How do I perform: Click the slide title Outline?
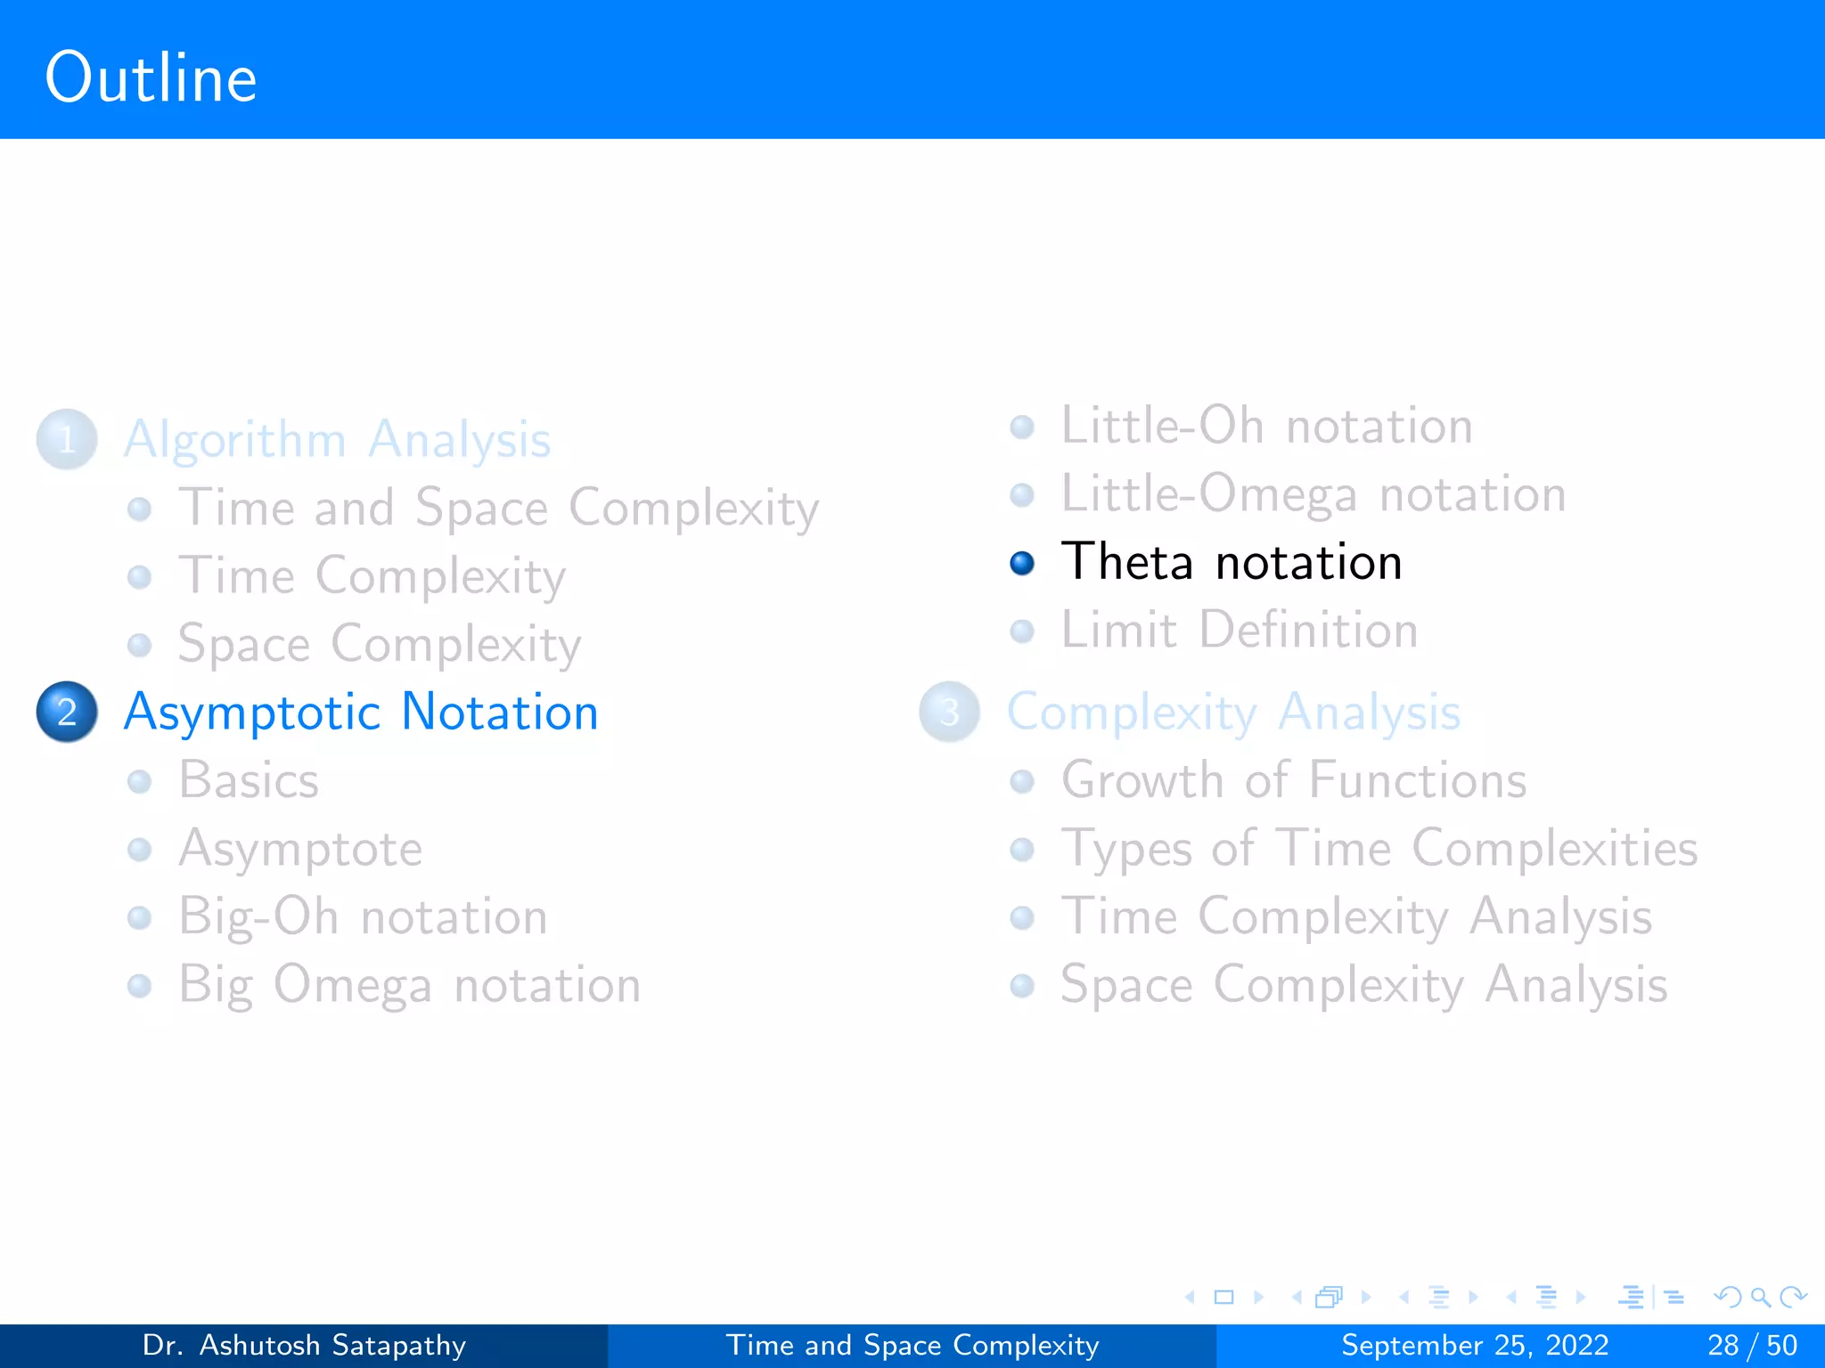(x=151, y=78)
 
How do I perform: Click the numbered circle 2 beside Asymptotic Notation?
(x=67, y=712)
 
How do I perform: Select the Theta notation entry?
(x=1231, y=562)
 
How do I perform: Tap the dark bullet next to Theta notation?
(x=1022, y=563)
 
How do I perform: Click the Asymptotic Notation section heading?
(x=361, y=712)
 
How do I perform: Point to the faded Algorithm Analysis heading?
(x=337, y=439)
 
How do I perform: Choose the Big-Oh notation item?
(x=363, y=916)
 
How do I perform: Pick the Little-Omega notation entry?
(x=1313, y=494)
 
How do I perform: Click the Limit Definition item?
(x=1239, y=631)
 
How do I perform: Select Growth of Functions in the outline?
(x=1293, y=780)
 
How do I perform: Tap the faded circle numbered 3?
(x=949, y=712)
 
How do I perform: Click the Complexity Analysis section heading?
(x=1233, y=712)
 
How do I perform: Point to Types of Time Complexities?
(x=1379, y=848)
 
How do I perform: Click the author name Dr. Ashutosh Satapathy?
(x=304, y=1345)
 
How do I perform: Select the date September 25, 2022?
(x=1475, y=1345)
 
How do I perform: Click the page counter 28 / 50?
(x=1752, y=1345)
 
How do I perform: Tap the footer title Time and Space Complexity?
(x=912, y=1345)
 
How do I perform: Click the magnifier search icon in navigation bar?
(x=1760, y=1297)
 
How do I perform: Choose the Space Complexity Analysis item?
(x=1363, y=985)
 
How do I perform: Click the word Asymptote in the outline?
(x=300, y=849)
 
